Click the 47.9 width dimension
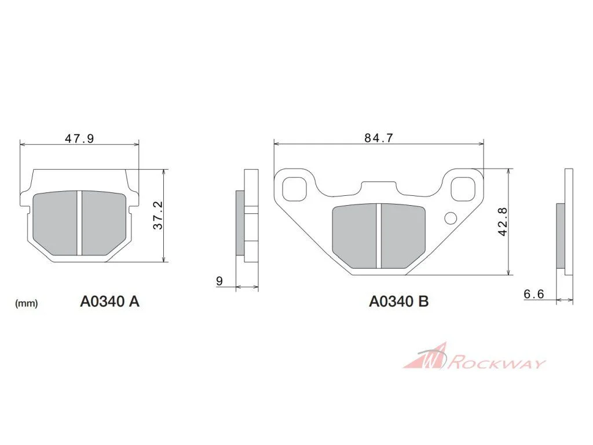tap(79, 138)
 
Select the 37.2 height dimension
tap(158, 216)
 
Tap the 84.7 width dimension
tap(379, 138)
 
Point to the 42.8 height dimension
tap(503, 222)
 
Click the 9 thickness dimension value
tap(219, 281)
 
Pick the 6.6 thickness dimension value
tap(533, 294)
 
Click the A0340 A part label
tap(109, 301)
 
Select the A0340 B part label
tap(398, 301)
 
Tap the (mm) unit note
tap(27, 304)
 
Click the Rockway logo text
tap(497, 363)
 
